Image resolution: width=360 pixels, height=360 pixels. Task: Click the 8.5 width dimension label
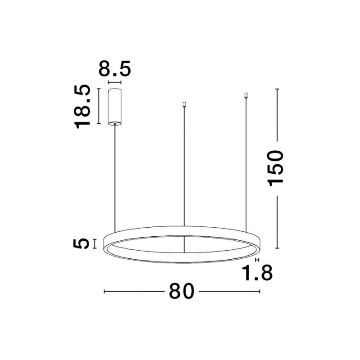tap(115, 68)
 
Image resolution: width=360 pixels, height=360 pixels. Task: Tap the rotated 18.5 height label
tap(82, 106)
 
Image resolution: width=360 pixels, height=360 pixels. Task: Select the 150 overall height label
tap(275, 168)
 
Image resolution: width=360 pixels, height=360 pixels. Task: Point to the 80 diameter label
tap(182, 291)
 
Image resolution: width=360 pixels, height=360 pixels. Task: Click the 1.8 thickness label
tap(257, 273)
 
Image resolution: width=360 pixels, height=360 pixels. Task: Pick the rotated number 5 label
tap(81, 243)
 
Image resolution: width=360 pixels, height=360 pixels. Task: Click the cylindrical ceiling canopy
tap(115, 107)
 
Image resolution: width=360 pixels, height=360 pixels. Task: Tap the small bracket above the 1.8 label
tap(257, 260)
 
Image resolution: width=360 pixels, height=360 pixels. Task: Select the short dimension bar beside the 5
tap(94, 243)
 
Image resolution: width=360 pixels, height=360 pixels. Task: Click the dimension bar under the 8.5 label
tap(115, 83)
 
